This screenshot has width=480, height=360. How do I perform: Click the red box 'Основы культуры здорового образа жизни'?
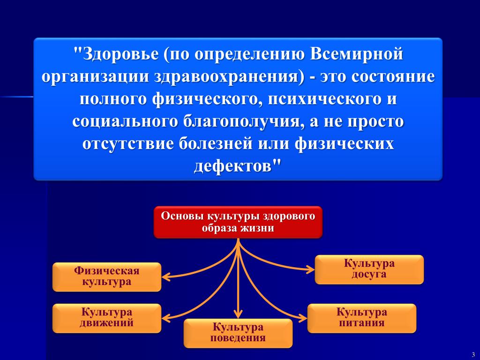click(238, 222)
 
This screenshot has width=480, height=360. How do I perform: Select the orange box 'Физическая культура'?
click(107, 277)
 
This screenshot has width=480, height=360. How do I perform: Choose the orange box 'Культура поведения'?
click(238, 333)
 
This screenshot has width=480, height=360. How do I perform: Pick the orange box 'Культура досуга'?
click(369, 269)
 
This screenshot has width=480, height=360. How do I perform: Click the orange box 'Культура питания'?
click(361, 318)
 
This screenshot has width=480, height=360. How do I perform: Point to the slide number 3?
click(473, 354)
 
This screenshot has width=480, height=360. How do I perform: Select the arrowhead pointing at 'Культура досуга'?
click(311, 269)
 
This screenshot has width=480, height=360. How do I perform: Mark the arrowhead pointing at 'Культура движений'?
click(165, 317)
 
